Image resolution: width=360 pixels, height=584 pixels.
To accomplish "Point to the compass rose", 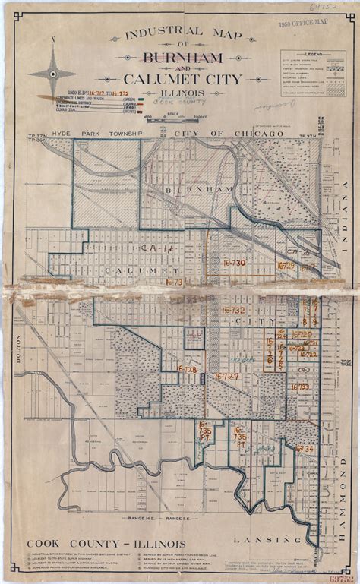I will pos(53,72).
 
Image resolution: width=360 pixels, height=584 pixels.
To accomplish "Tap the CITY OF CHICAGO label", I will pos(219,134).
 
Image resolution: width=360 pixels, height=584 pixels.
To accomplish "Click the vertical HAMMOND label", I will pos(343,497).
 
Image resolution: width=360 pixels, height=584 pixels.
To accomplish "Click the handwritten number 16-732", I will pos(232,310).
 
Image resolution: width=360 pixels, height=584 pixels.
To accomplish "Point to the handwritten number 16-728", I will pos(187,370).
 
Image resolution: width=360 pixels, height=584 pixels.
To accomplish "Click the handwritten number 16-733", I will pos(299,386).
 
